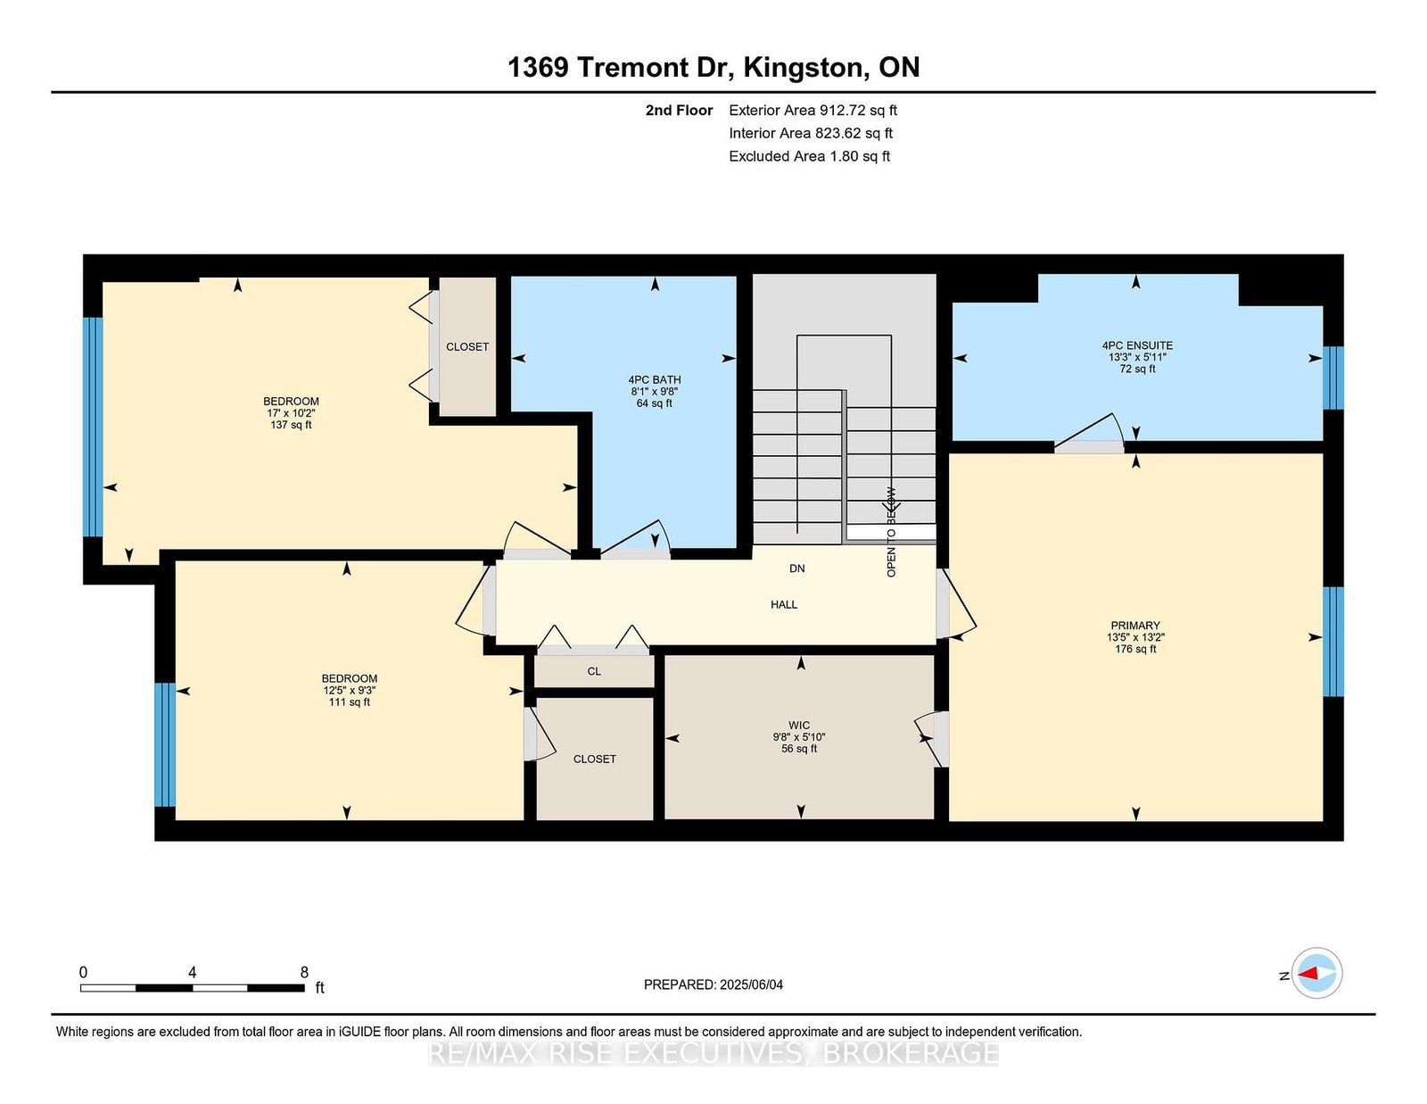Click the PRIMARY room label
(1135, 626)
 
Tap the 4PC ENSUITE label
(1137, 345)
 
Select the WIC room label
(799, 726)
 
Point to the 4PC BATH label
(654, 380)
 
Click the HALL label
(784, 604)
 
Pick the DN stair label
(797, 569)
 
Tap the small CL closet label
(594, 672)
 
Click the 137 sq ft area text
(291, 425)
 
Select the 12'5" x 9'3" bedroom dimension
(350, 691)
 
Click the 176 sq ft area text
(1135, 649)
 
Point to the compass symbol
(1316, 973)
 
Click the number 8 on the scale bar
(304, 973)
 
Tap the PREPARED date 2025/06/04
(751, 984)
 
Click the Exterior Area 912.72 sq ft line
(813, 111)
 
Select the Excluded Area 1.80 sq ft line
(810, 156)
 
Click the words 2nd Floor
(679, 111)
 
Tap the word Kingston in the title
(803, 68)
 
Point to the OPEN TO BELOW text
(891, 532)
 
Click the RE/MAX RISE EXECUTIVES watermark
(713, 1053)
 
